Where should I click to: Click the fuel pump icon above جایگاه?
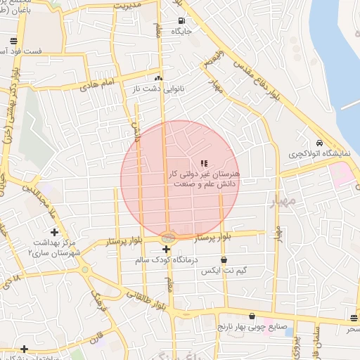181,20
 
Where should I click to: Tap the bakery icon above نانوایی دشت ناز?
158,79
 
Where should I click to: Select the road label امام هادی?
97,85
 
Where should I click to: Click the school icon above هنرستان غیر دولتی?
205,163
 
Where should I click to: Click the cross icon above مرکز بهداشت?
54,232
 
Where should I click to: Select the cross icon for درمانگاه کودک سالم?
166,250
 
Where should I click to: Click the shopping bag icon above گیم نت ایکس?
224,260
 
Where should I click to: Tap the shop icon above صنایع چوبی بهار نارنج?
252,316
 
